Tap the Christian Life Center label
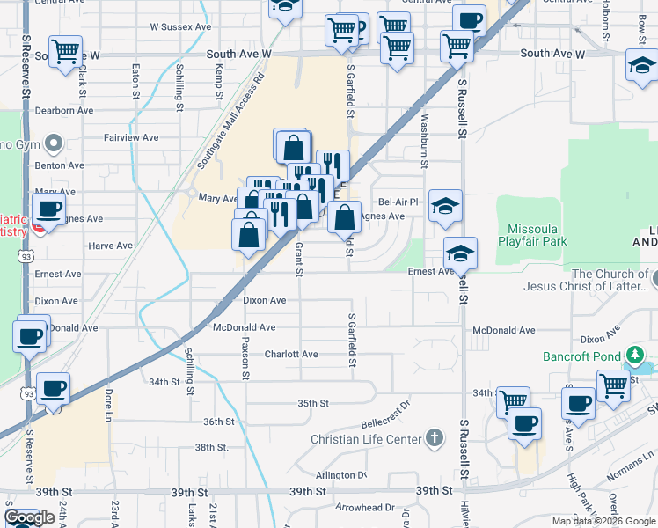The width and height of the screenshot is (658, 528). pos(361,439)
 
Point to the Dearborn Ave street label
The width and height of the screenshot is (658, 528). pos(63,111)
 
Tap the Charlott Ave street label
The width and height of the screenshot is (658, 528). pos(291,355)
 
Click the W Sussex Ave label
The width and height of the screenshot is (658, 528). pos(180,27)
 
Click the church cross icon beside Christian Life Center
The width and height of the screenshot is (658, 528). pos(433,437)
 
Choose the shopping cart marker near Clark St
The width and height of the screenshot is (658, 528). pos(65,53)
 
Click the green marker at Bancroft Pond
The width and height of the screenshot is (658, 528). pos(633,356)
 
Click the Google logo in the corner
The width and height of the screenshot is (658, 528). pos(29,517)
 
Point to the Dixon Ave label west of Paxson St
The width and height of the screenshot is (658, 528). pos(56,301)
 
